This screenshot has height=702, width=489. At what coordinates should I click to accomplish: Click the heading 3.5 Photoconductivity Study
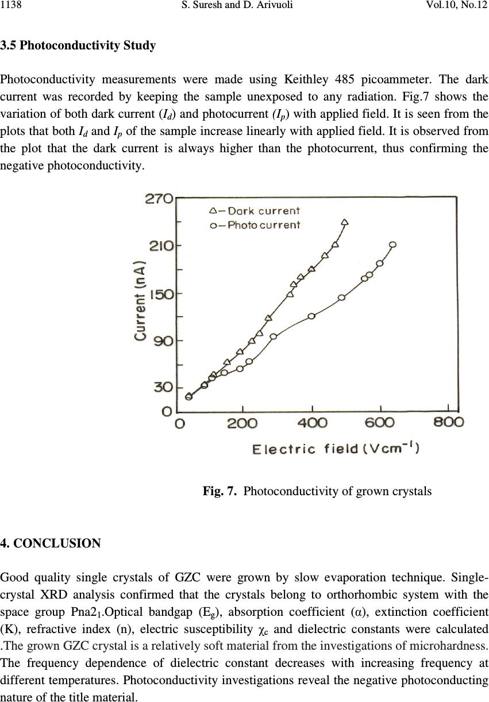coord(78,45)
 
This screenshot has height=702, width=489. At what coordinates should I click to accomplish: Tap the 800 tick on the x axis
coord(449,423)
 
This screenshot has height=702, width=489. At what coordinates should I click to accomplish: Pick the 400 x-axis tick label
coord(313,423)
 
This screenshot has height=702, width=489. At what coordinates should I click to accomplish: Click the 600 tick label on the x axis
coord(380,423)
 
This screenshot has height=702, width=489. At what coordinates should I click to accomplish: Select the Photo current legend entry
coord(255,225)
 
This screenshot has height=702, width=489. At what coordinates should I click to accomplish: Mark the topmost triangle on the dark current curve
coord(345,222)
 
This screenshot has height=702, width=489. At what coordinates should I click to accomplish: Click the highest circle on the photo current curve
coord(393,245)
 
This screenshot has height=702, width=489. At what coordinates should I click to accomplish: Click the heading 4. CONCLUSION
coord(51,543)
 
